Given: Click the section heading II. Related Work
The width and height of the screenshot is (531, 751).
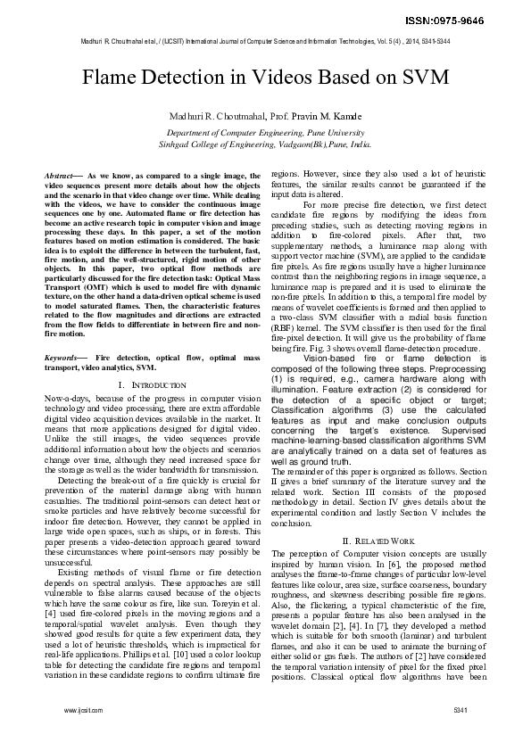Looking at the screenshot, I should click(x=378, y=541).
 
